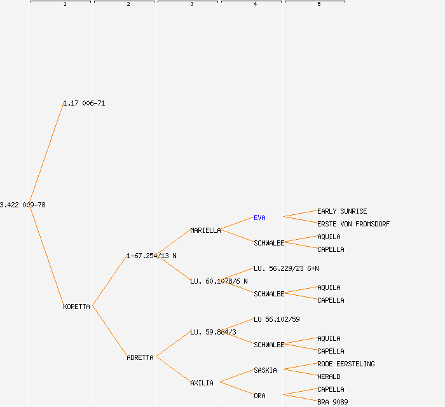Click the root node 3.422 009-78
[x=23, y=205]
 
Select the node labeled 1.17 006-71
[x=84, y=103]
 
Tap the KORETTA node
[x=76, y=307]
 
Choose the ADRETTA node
[x=140, y=357]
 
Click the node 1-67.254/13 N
[x=151, y=256]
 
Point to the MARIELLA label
[x=205, y=230]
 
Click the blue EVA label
[x=259, y=217]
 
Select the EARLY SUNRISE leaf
[x=342, y=211]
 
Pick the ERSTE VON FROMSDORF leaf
[x=353, y=224]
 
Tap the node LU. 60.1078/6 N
[x=219, y=281]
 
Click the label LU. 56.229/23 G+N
[x=286, y=268]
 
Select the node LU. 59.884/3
[x=213, y=332]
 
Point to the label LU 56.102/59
[x=277, y=319]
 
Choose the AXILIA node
[x=202, y=383]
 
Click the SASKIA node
[x=265, y=370]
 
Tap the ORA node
[x=259, y=396]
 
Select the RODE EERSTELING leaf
[x=346, y=364]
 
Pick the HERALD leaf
[x=329, y=376]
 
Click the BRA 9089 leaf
[x=332, y=402]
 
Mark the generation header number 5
[x=318, y=4]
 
